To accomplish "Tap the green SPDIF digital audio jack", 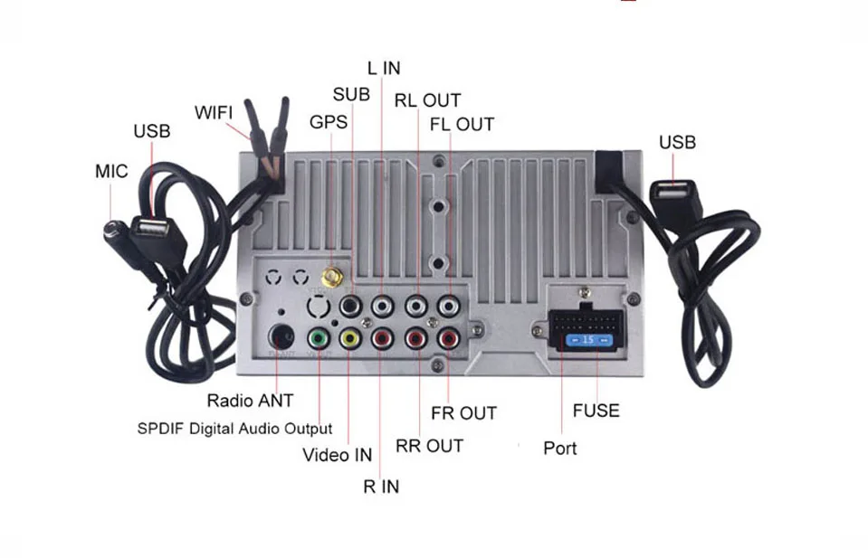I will [x=318, y=338].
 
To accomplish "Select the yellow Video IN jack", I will [x=349, y=339].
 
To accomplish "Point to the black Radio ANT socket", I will [x=282, y=336].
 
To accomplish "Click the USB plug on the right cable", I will [x=672, y=197].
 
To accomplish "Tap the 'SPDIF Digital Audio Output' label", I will [x=234, y=429].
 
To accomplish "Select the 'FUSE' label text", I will [x=596, y=411].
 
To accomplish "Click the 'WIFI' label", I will [x=214, y=113].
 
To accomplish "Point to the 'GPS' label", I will [x=328, y=122].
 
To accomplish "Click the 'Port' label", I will [x=559, y=448].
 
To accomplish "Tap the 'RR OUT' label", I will [x=429, y=446].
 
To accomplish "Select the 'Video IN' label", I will [x=337, y=455].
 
